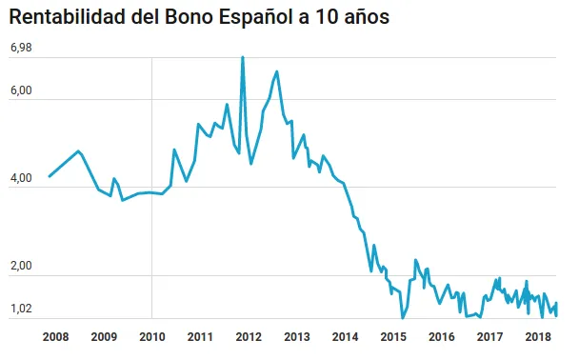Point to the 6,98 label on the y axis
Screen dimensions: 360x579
(x=21, y=48)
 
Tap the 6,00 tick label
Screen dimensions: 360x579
(x=21, y=91)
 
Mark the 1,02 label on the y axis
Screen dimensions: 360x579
(x=21, y=310)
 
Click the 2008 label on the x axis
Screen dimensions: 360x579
(x=55, y=336)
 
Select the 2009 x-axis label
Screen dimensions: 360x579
(x=104, y=336)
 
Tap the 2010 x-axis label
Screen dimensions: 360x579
(x=152, y=336)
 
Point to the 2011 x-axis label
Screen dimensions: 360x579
(x=200, y=336)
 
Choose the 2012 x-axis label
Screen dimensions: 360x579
(x=249, y=336)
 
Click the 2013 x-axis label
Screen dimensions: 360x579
(x=297, y=336)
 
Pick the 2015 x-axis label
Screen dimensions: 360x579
(x=393, y=336)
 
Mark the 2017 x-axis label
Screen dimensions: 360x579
(x=489, y=336)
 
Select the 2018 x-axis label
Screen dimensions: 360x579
(x=538, y=336)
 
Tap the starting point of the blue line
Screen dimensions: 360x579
(x=50, y=176)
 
